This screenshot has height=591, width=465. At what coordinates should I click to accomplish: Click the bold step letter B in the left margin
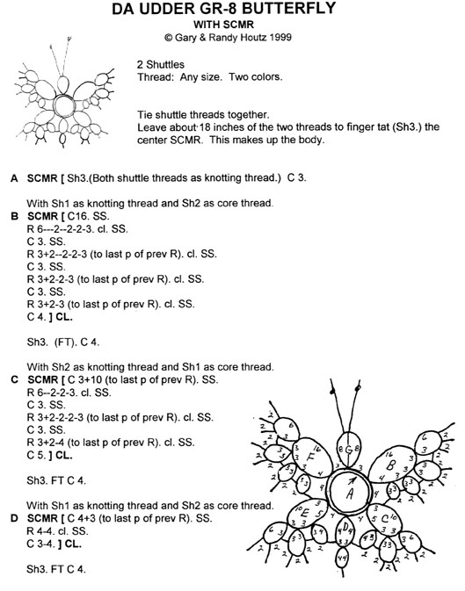(14, 214)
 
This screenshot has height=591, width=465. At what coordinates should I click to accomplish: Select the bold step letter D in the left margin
(14, 518)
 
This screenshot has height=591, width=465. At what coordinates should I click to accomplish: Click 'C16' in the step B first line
(96, 214)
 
